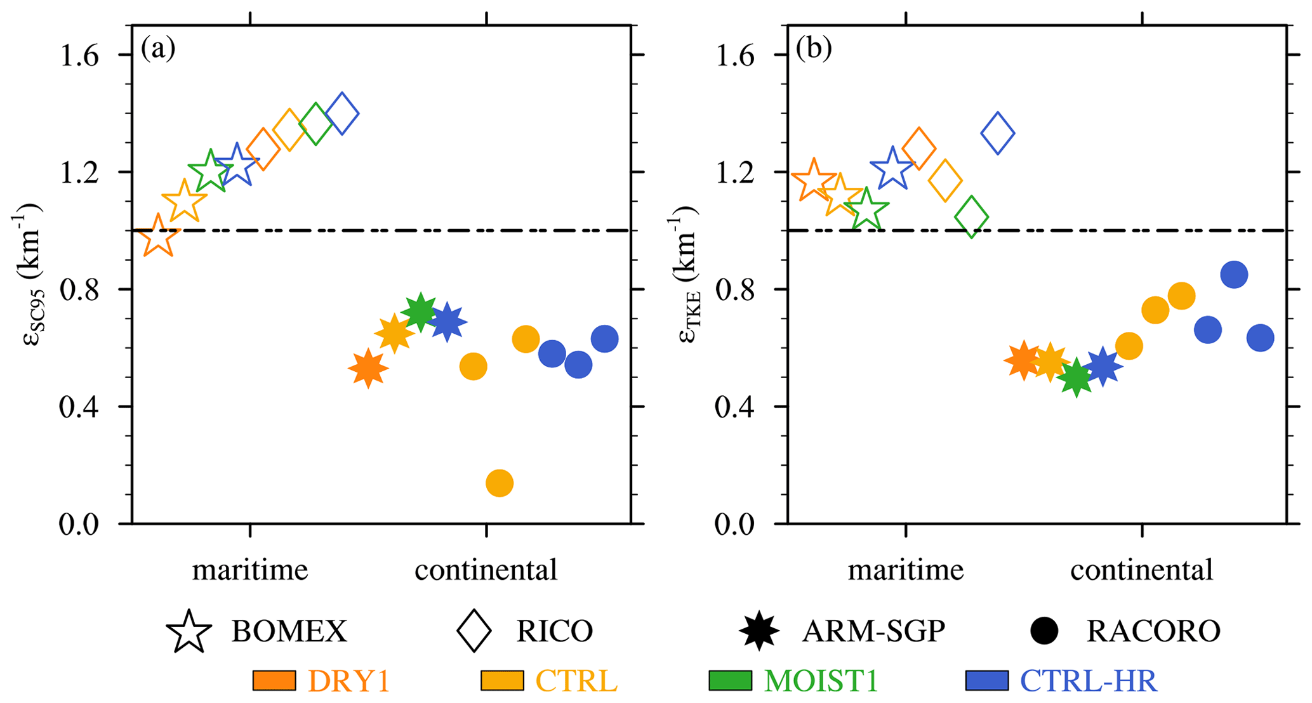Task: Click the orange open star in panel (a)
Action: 158,236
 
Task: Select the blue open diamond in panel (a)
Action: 342,114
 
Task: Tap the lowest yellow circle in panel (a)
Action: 500,483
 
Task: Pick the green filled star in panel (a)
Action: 420,312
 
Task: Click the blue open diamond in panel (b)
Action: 998,133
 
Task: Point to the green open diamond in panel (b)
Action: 971,217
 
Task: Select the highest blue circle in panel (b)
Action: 1234,274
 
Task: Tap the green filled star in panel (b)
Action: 1077,378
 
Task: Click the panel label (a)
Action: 158,49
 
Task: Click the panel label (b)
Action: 814,49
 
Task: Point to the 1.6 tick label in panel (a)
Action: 79,56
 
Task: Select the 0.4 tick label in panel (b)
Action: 735,407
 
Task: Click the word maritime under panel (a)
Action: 250,570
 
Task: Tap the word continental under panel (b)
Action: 1141,570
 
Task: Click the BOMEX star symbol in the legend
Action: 189,632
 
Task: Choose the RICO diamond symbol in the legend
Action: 474,631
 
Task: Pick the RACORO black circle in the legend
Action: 1044,631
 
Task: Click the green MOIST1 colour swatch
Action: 730,680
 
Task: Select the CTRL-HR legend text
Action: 1089,680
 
